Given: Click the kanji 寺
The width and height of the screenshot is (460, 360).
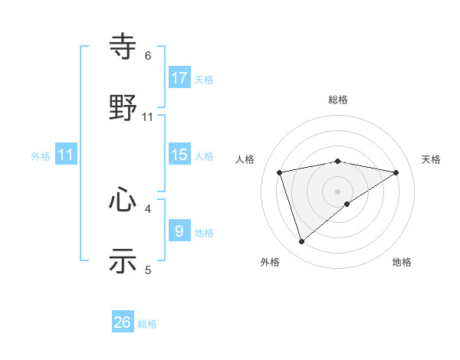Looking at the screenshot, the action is pyautogui.click(x=123, y=48).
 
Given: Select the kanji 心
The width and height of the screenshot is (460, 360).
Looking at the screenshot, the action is pyautogui.click(x=123, y=201).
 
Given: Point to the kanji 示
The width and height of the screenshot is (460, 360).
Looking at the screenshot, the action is pyautogui.click(x=123, y=260).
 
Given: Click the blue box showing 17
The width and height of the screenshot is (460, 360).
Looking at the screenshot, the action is pyautogui.click(x=179, y=78).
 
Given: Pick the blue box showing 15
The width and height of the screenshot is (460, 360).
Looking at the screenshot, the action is pyautogui.click(x=179, y=155).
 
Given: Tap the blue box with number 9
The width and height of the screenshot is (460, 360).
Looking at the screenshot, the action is pyautogui.click(x=179, y=231).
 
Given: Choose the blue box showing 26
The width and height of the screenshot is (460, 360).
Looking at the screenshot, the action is pyautogui.click(x=123, y=322).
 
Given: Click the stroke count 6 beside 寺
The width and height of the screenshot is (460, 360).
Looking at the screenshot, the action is pyautogui.click(x=148, y=56).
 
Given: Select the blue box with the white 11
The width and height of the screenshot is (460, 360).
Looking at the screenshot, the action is pyautogui.click(x=66, y=155).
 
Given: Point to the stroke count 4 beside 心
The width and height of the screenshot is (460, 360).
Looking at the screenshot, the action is pyautogui.click(x=148, y=208).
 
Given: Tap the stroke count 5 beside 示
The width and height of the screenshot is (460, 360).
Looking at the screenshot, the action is pyautogui.click(x=148, y=269).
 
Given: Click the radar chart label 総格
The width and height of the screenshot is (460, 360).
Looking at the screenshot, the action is pyautogui.click(x=338, y=100).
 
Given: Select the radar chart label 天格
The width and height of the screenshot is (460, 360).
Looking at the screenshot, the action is pyautogui.click(x=431, y=159).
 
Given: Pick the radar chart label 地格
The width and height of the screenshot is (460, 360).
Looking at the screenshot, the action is pyautogui.click(x=402, y=262).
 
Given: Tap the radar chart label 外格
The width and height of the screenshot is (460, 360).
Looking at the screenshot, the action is pyautogui.click(x=270, y=262).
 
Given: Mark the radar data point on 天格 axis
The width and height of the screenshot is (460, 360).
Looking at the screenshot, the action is pyautogui.click(x=396, y=172).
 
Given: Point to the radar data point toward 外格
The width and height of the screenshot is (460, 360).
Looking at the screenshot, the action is pyautogui.click(x=301, y=242).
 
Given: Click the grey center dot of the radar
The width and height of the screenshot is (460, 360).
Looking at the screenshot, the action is pyautogui.click(x=337, y=191).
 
